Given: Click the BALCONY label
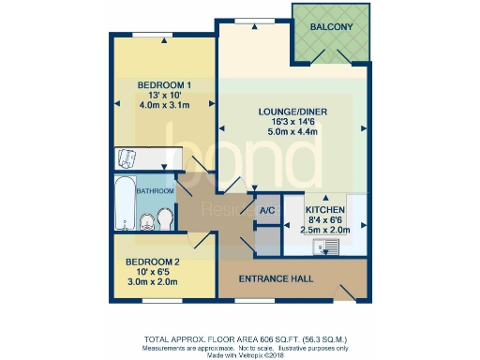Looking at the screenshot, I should click(x=333, y=27).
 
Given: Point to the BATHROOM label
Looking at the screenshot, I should click(x=155, y=191).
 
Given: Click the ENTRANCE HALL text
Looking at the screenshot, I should click(x=277, y=278).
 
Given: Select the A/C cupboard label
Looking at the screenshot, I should click(x=265, y=211).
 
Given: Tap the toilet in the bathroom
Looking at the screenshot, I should click(x=164, y=219).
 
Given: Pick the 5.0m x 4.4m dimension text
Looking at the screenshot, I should click(x=292, y=134).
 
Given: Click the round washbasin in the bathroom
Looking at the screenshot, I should click(x=145, y=222).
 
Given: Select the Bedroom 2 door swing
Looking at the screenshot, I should click(x=200, y=242).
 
